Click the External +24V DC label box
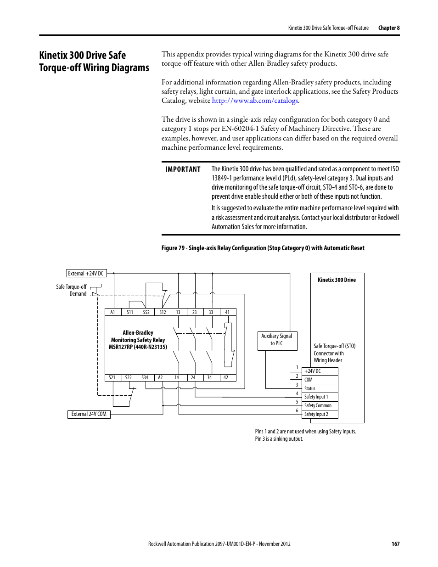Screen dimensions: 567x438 [86, 274]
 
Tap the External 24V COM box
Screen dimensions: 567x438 [89, 414]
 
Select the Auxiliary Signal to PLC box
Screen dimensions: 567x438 [277, 340]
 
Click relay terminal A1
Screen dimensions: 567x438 [112, 312]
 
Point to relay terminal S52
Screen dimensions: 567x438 [146, 312]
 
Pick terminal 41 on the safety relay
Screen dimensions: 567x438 [227, 312]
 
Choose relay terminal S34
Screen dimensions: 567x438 [145, 378]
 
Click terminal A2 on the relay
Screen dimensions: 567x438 [160, 378]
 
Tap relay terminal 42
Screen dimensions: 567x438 [226, 378]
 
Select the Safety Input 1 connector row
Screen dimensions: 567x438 [320, 397]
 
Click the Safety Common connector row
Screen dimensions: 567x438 [320, 406]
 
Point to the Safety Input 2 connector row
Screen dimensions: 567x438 [320, 414]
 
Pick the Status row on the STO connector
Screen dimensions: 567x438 [320, 388]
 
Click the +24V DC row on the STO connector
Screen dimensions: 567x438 [320, 371]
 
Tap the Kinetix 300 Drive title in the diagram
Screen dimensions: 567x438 [337, 280]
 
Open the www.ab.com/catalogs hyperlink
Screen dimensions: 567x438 [255, 101]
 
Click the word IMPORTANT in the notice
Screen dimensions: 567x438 [183, 169]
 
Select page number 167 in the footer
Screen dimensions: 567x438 [395, 544]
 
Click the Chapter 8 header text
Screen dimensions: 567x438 [389, 28]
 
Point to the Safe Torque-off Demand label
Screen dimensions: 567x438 [72, 290]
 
